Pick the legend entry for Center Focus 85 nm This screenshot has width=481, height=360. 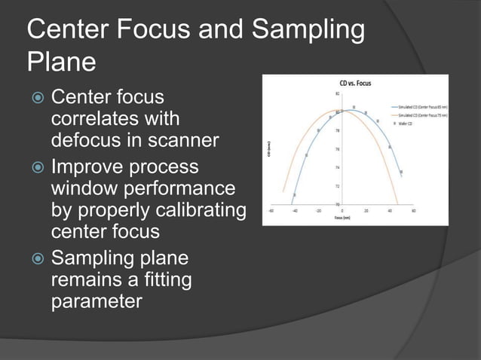419,107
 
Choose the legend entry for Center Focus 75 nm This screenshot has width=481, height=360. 419,115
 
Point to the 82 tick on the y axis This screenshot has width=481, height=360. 337,94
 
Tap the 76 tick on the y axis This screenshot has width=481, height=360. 337,149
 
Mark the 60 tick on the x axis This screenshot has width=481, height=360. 414,211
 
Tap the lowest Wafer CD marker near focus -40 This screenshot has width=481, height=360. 295,194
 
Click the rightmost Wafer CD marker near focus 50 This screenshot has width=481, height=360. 401,172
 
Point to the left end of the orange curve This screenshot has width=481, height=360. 283,191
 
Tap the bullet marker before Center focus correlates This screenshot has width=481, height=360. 35,98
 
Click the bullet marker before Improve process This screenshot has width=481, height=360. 35,166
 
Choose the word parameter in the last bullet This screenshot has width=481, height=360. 97,303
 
